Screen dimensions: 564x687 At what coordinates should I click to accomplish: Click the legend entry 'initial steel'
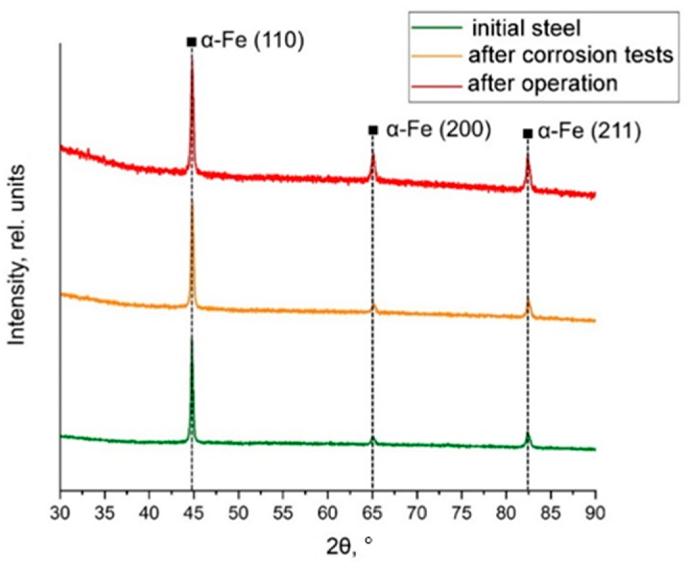(x=526, y=28)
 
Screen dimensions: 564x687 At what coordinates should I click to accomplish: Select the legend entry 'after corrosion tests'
(x=571, y=56)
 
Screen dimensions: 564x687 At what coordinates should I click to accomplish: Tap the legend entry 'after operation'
(x=542, y=84)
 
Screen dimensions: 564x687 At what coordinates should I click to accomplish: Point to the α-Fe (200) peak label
(x=438, y=130)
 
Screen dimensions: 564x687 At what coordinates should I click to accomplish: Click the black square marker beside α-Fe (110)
(x=191, y=42)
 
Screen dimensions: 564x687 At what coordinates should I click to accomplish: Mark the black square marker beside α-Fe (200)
(x=373, y=130)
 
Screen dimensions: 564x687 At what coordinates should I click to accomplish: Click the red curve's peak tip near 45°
(x=192, y=57)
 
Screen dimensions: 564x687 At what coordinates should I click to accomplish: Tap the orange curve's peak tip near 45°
(x=192, y=200)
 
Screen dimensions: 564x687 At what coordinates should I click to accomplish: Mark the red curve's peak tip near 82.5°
(x=528, y=156)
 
